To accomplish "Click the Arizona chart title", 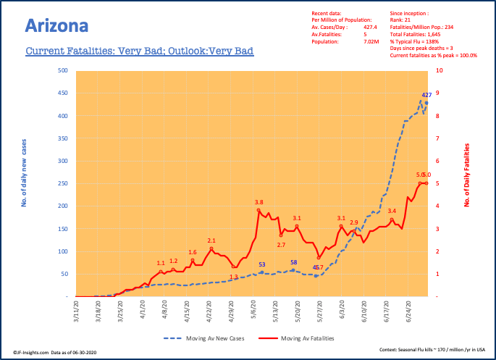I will tap(56, 26).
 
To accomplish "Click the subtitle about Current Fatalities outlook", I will tap(139, 52).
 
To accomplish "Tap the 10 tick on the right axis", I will tap(437, 71).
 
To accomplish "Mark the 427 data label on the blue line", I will tap(427, 95).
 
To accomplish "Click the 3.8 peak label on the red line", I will tap(258, 202).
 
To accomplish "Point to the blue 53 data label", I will tap(262, 265).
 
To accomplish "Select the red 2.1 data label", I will tap(211, 240).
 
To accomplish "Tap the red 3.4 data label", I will tap(392, 211).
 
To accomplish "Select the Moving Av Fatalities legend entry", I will tap(305, 338).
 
